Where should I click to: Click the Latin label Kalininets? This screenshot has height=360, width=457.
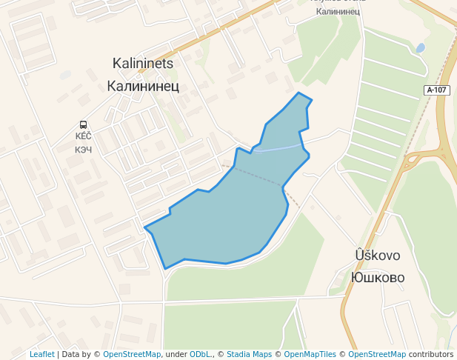pyautogui.click(x=142, y=64)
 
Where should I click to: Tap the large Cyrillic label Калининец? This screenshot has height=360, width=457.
pyautogui.click(x=142, y=86)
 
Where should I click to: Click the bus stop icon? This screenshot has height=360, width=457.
pyautogui.click(x=83, y=124)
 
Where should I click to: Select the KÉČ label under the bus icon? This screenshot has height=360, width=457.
pyautogui.click(x=83, y=136)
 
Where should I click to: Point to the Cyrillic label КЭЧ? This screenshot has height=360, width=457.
pyautogui.click(x=83, y=149)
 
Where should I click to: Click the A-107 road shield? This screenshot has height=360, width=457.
pyautogui.click(x=437, y=90)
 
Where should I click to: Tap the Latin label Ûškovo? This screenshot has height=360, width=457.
pyautogui.click(x=378, y=256)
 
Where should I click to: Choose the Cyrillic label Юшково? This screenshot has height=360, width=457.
pyautogui.click(x=378, y=278)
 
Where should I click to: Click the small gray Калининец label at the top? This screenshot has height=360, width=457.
pyautogui.click(x=338, y=11)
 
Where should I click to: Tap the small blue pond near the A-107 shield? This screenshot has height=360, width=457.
pyautogui.click(x=421, y=48)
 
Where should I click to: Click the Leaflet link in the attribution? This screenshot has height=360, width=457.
pyautogui.click(x=42, y=354)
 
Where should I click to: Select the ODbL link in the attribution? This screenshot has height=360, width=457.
pyautogui.click(x=201, y=354)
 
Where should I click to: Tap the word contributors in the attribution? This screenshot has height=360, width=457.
pyautogui.click(x=431, y=354)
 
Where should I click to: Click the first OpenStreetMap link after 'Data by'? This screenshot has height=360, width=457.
pyautogui.click(x=132, y=354)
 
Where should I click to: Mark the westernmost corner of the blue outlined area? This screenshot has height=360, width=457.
pyautogui.click(x=144, y=227)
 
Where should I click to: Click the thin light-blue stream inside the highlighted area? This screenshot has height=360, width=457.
pyautogui.click(x=278, y=149)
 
